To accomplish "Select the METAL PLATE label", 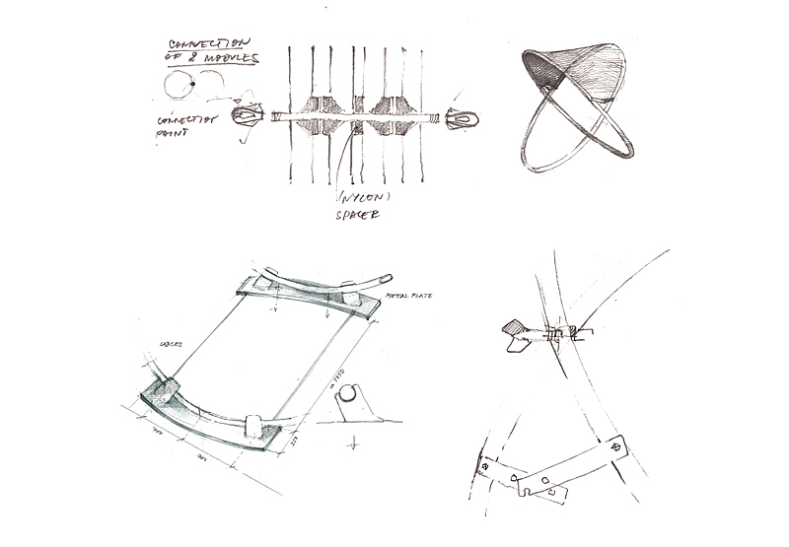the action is click(x=408, y=295).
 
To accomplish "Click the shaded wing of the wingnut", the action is click(x=514, y=328).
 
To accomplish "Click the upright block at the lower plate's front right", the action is click(x=253, y=425).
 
